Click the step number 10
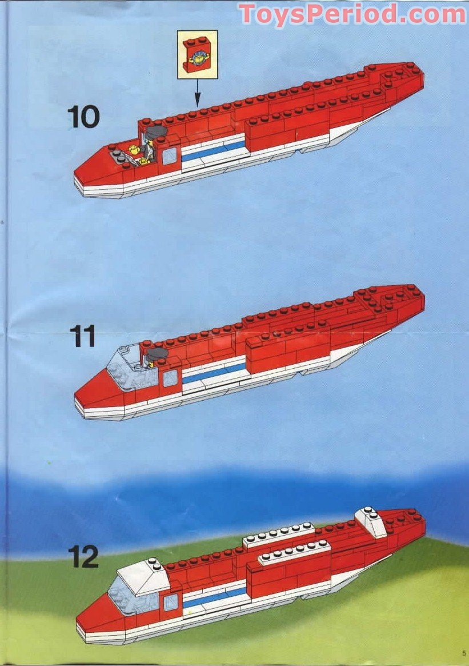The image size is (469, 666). coord(83,117)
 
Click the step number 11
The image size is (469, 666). coord(83,336)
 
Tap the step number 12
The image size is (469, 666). coord(83,556)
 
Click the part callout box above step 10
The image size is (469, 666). coord(197,54)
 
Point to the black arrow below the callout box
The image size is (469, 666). coord(197,93)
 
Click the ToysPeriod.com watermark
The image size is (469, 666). coord(352,14)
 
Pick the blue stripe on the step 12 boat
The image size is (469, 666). coord(214,596)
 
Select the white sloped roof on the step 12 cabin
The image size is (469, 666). coord(140,573)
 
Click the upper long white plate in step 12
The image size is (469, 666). coord(279,534)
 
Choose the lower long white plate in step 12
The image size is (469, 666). coord(294,552)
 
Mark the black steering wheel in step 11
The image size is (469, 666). coord(155,354)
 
